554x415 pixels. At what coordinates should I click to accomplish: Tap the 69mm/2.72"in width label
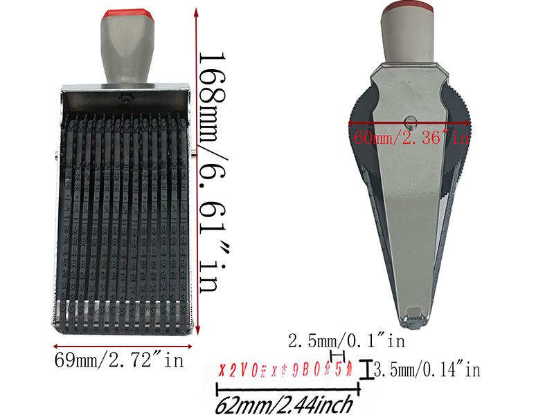coord(118,360)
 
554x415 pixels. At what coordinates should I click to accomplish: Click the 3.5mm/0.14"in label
coord(427,371)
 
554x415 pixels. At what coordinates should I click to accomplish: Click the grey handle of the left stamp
coord(125,52)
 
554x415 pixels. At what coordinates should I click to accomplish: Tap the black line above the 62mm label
coord(292,387)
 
